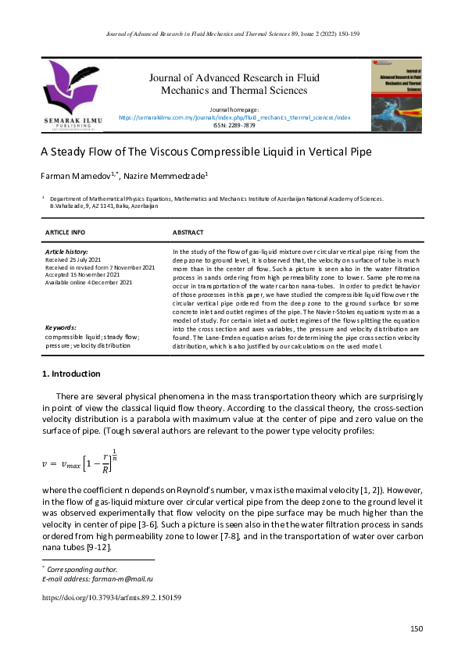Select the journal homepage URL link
pos(234,116)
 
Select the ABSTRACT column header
pos(188,232)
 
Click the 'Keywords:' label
pos(61,327)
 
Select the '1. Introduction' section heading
pos(70,374)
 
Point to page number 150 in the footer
pos(416,628)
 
